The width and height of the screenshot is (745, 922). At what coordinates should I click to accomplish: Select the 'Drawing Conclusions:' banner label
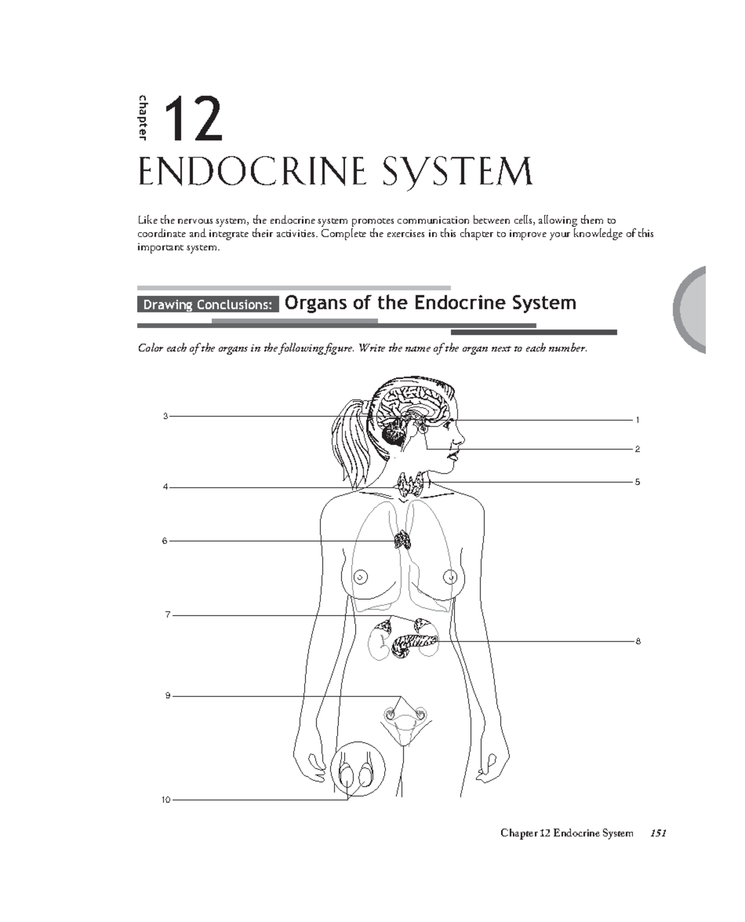pos(207,304)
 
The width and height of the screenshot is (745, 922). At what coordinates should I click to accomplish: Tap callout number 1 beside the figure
pos(637,421)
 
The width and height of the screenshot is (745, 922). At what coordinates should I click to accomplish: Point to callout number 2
pos(637,449)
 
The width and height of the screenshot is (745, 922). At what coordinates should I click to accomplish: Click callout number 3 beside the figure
pos(165,416)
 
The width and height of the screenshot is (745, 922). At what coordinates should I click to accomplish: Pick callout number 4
pos(165,487)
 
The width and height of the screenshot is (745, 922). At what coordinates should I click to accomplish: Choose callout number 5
pos(637,482)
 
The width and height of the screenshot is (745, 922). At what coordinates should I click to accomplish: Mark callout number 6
pos(165,541)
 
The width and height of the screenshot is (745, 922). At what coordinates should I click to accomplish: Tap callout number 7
pos(167,615)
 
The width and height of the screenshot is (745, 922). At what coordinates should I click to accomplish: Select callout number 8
pos(638,641)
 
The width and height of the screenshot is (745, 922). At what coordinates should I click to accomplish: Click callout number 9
pos(167,696)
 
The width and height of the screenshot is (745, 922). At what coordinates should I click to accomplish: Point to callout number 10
pos(166,800)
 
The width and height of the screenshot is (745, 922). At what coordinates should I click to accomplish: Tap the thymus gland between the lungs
pos(402,540)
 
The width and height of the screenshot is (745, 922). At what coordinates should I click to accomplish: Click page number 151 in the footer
pos(657,833)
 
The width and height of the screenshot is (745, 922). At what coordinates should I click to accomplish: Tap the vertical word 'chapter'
pos(143,117)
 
